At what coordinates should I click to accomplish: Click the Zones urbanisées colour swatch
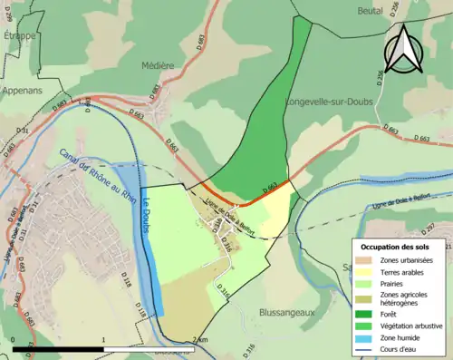click(366, 259)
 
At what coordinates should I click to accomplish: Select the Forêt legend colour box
click(366, 313)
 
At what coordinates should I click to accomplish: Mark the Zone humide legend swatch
click(366, 335)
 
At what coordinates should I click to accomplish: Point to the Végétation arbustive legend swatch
click(366, 324)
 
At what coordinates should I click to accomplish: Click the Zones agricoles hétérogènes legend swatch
click(366, 297)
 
